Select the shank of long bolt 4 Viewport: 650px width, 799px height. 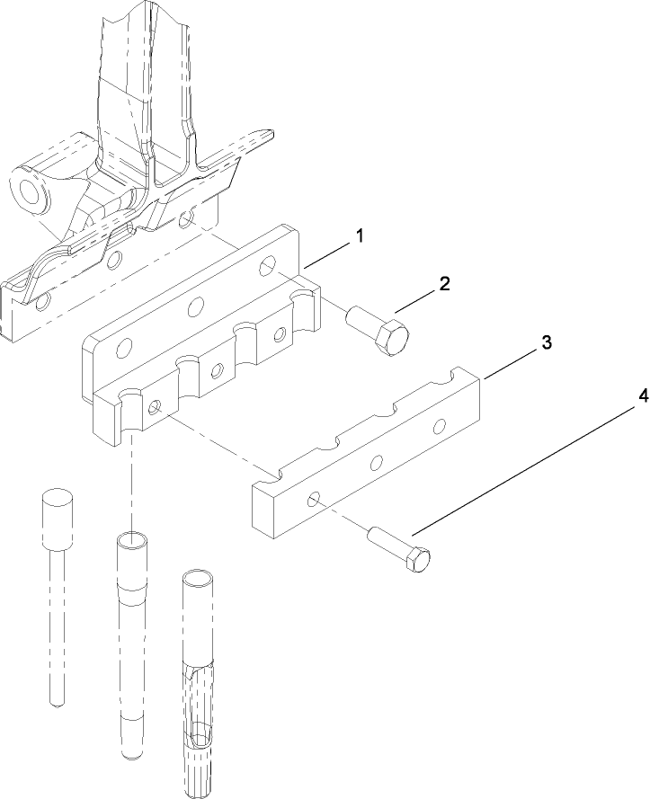[387, 544]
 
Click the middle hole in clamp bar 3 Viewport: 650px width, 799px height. [377, 462]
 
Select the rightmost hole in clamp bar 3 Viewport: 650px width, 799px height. [441, 426]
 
